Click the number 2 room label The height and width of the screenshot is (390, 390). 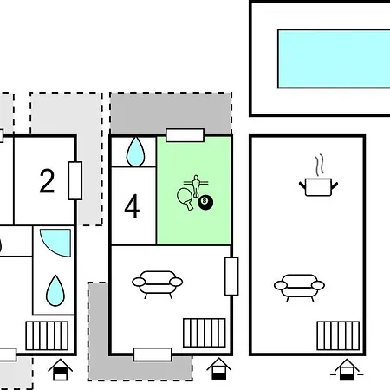point(47,181)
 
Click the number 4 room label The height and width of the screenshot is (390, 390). point(132,206)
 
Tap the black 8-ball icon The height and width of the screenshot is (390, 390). point(205,202)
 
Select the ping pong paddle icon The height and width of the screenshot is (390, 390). point(185,198)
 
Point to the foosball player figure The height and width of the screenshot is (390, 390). point(196,185)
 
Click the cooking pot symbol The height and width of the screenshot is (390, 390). point(318,187)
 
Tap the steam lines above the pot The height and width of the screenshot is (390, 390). point(319,166)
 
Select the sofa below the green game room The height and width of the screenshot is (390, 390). point(157,283)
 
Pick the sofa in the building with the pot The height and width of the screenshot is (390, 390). point(299,287)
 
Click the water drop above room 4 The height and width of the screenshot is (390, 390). point(135,152)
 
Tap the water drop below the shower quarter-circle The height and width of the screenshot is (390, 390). point(55,290)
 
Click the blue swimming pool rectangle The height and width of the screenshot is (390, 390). point(334,59)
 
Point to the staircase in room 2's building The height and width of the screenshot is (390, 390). point(47,335)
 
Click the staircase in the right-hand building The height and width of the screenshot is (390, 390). point(338,335)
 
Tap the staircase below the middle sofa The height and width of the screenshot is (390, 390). point(205,333)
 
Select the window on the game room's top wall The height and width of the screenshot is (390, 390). point(185,135)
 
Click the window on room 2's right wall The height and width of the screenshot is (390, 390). point(75,180)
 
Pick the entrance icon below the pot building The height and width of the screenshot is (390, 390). point(347,370)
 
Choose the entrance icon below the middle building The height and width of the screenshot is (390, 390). point(218,368)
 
